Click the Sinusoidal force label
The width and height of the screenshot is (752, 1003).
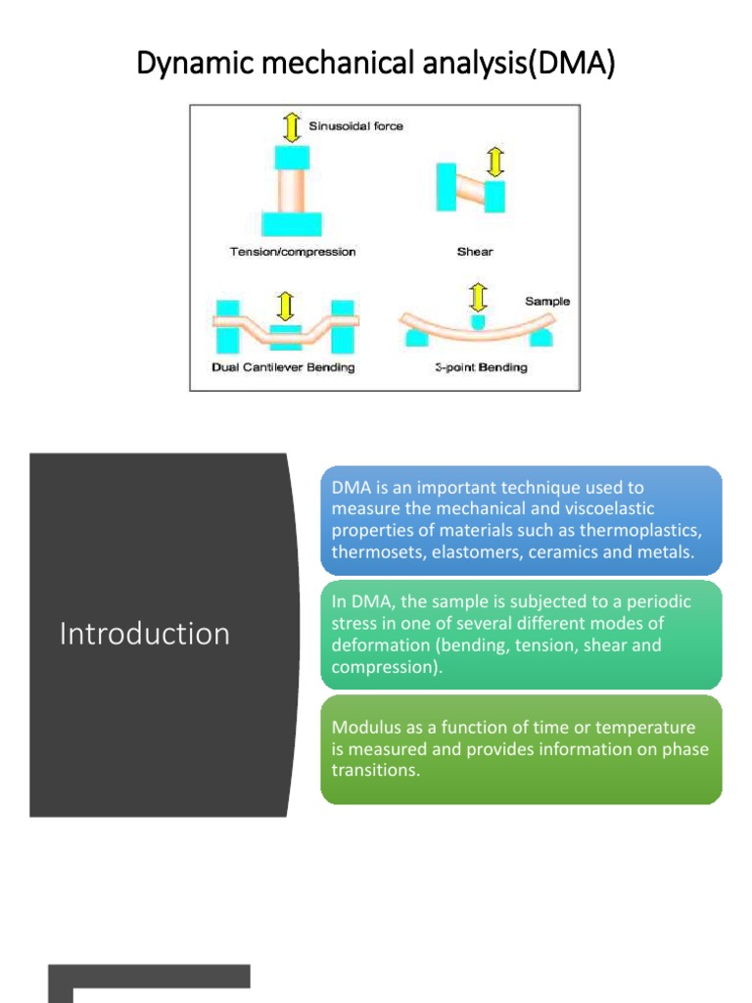355,126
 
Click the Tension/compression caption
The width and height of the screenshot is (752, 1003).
293,252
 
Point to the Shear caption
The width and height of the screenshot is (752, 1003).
475,252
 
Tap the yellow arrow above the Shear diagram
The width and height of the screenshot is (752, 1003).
495,162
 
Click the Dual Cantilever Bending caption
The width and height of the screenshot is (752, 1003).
283,367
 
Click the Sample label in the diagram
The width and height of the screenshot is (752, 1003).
546,302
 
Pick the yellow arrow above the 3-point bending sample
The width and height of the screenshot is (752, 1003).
477,297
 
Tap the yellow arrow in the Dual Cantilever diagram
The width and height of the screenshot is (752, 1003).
285,306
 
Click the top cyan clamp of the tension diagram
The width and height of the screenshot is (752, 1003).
293,157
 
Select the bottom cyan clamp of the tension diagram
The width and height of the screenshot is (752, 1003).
293,224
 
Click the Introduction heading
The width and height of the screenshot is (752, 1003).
145,634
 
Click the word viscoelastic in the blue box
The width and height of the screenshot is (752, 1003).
606,507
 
